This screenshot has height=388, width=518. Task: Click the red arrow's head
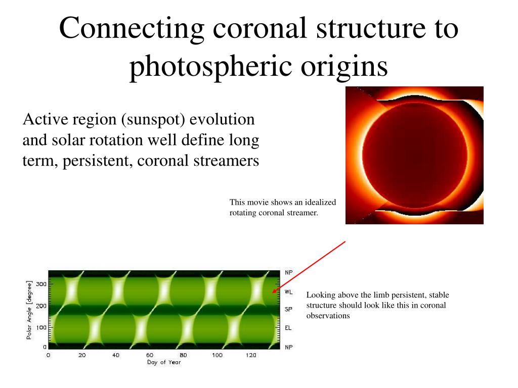274,291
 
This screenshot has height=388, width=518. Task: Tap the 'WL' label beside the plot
288,292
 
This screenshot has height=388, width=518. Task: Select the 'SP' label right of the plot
288,310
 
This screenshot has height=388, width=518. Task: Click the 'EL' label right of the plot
288,328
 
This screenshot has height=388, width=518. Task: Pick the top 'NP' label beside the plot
288,272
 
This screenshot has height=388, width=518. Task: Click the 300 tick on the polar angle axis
41,284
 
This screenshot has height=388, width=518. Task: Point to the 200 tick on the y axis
41,306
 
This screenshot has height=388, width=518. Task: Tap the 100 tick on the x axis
217,355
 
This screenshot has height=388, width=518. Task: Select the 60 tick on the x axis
150,355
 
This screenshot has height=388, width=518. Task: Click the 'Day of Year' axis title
164,362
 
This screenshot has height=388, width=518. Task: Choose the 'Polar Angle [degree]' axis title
29,310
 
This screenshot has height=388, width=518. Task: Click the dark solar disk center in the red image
415,156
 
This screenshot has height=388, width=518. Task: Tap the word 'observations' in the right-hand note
328,316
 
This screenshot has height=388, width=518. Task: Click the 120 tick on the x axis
251,355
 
